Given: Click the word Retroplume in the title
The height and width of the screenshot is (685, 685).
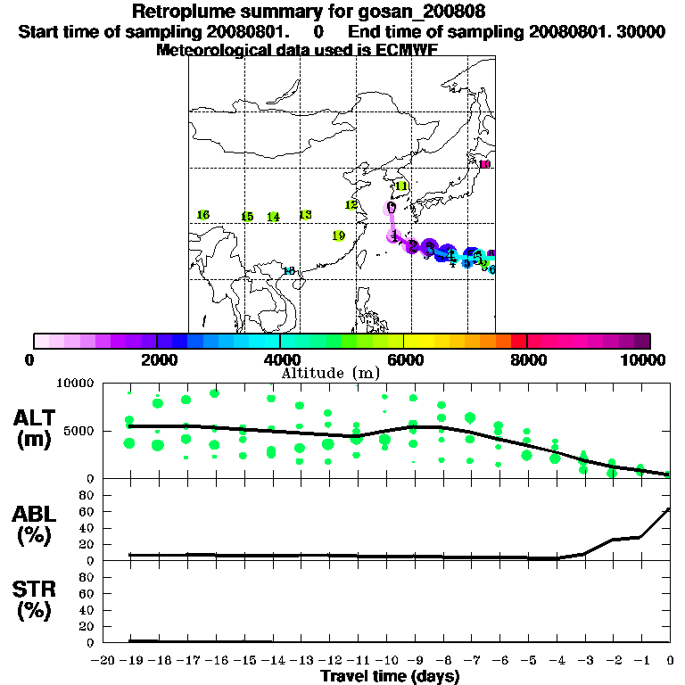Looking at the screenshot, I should click(181, 12).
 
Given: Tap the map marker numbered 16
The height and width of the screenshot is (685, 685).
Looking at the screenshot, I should click(202, 215).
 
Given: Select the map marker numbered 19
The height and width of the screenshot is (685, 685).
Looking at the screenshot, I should click(338, 236).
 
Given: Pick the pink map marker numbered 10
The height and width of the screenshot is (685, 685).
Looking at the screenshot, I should click(485, 164).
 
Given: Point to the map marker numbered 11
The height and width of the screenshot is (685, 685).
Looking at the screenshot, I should click(401, 186).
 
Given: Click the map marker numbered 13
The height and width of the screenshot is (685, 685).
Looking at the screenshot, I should click(305, 215).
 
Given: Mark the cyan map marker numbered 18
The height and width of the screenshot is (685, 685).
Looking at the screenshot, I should click(288, 270).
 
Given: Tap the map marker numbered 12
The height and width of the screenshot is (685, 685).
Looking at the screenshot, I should click(351, 205).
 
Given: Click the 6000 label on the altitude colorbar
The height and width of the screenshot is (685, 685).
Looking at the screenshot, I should click(404, 359).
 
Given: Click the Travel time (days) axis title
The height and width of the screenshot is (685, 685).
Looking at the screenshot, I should click(390, 676).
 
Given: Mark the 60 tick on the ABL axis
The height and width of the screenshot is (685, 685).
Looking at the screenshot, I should click(89, 511).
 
